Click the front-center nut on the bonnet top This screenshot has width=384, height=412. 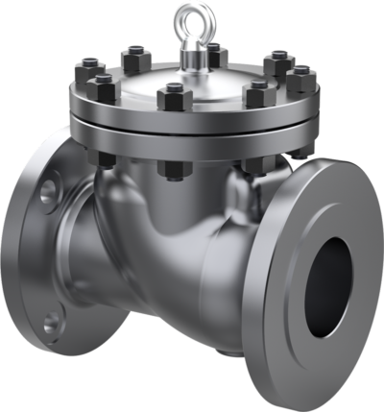[x=173, y=96]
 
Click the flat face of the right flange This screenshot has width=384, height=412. [x=288, y=317]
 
